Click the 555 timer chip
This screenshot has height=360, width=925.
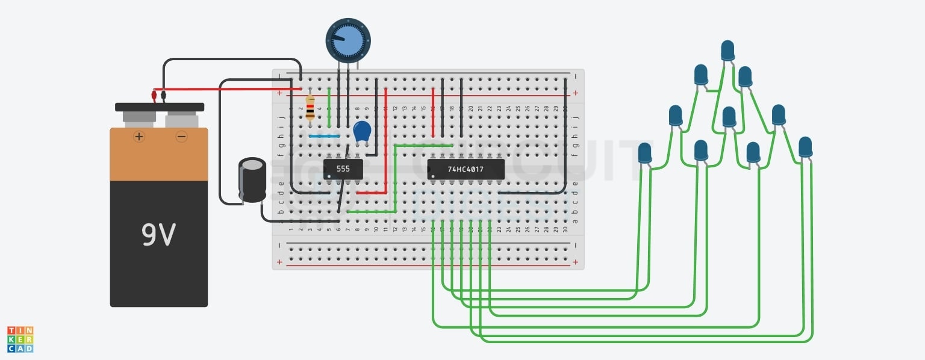click(x=343, y=169)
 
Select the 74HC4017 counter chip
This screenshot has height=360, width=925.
click(x=466, y=169)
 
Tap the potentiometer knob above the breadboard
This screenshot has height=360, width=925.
click(x=348, y=40)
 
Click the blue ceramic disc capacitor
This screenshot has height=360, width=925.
click(x=362, y=132)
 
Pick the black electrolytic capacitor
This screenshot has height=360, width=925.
click(x=252, y=179)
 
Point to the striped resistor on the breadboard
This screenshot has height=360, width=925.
click(x=310, y=108)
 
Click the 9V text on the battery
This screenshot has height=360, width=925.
click(x=158, y=234)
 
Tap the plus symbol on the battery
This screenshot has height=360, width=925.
click(x=139, y=137)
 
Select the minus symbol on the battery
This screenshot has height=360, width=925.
click(x=181, y=137)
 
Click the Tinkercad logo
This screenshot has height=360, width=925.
click(x=20, y=340)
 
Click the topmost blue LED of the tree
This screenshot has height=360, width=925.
click(x=727, y=49)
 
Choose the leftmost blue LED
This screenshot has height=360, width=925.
click(x=644, y=153)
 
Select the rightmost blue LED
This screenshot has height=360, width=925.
click(x=805, y=147)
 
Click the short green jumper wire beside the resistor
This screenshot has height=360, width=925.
click(x=329, y=108)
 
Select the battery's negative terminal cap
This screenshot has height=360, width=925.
click(x=181, y=119)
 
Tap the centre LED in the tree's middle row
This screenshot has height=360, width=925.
click(x=729, y=116)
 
